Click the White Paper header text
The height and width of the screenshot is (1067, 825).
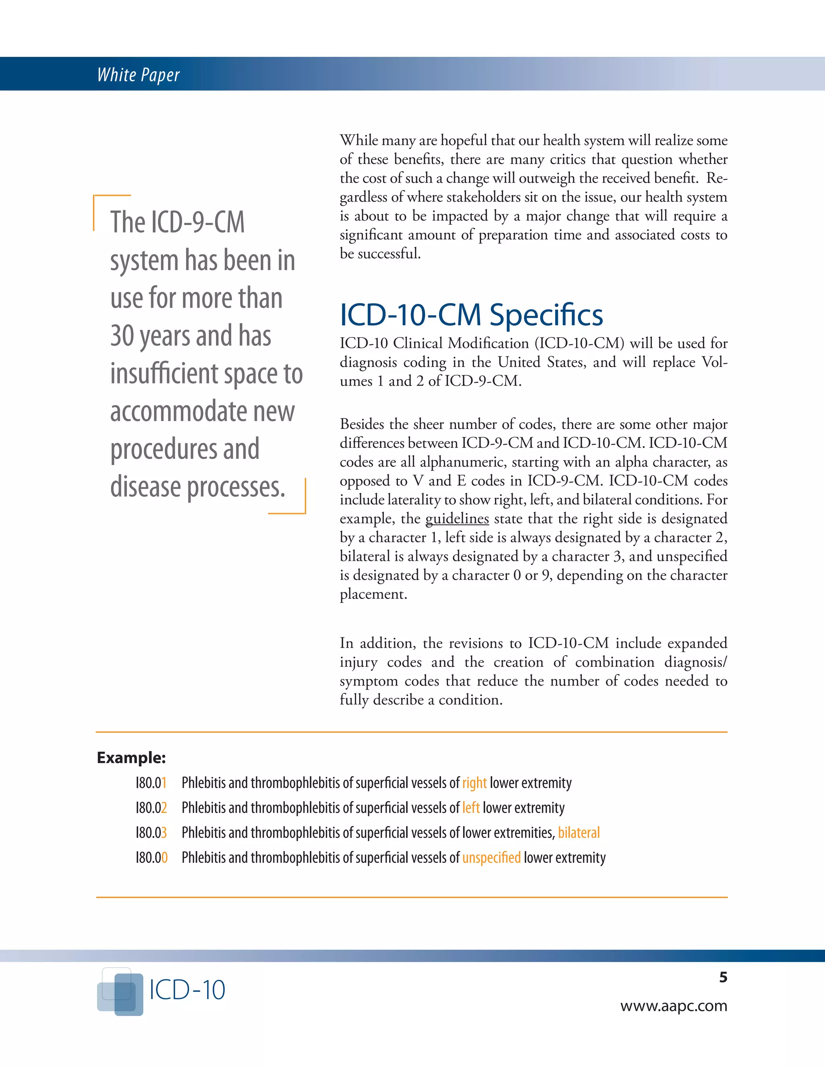click(x=138, y=75)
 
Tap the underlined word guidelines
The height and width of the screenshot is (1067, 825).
click(x=457, y=518)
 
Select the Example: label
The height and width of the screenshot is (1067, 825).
click(x=131, y=758)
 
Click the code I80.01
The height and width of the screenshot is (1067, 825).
click(x=151, y=783)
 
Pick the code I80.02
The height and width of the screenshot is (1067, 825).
click(x=151, y=808)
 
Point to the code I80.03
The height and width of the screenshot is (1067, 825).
click(x=151, y=833)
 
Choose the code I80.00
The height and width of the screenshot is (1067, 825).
click(x=151, y=857)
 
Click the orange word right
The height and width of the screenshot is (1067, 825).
click(x=474, y=783)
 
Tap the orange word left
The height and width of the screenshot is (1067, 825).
click(x=471, y=808)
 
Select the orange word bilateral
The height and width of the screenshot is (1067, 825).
click(x=579, y=833)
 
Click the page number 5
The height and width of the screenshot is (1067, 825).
click(x=723, y=977)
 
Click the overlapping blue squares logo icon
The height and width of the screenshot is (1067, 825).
click(x=120, y=991)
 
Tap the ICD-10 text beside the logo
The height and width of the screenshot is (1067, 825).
click(x=187, y=990)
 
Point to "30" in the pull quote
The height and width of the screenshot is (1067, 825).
click(x=122, y=336)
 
